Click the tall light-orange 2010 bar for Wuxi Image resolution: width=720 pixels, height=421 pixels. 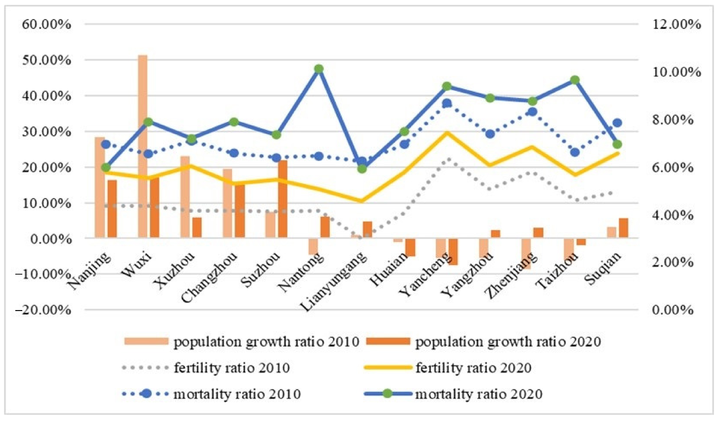(x=143, y=146)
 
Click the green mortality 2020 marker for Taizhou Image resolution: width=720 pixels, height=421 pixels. (x=575, y=80)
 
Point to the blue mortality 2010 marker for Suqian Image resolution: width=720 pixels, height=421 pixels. (x=617, y=123)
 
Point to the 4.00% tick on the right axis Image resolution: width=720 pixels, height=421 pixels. (x=673, y=215)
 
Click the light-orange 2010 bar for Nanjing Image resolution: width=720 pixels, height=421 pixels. (x=100, y=187)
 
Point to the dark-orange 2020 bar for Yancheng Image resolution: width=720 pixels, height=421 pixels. (x=453, y=252)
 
